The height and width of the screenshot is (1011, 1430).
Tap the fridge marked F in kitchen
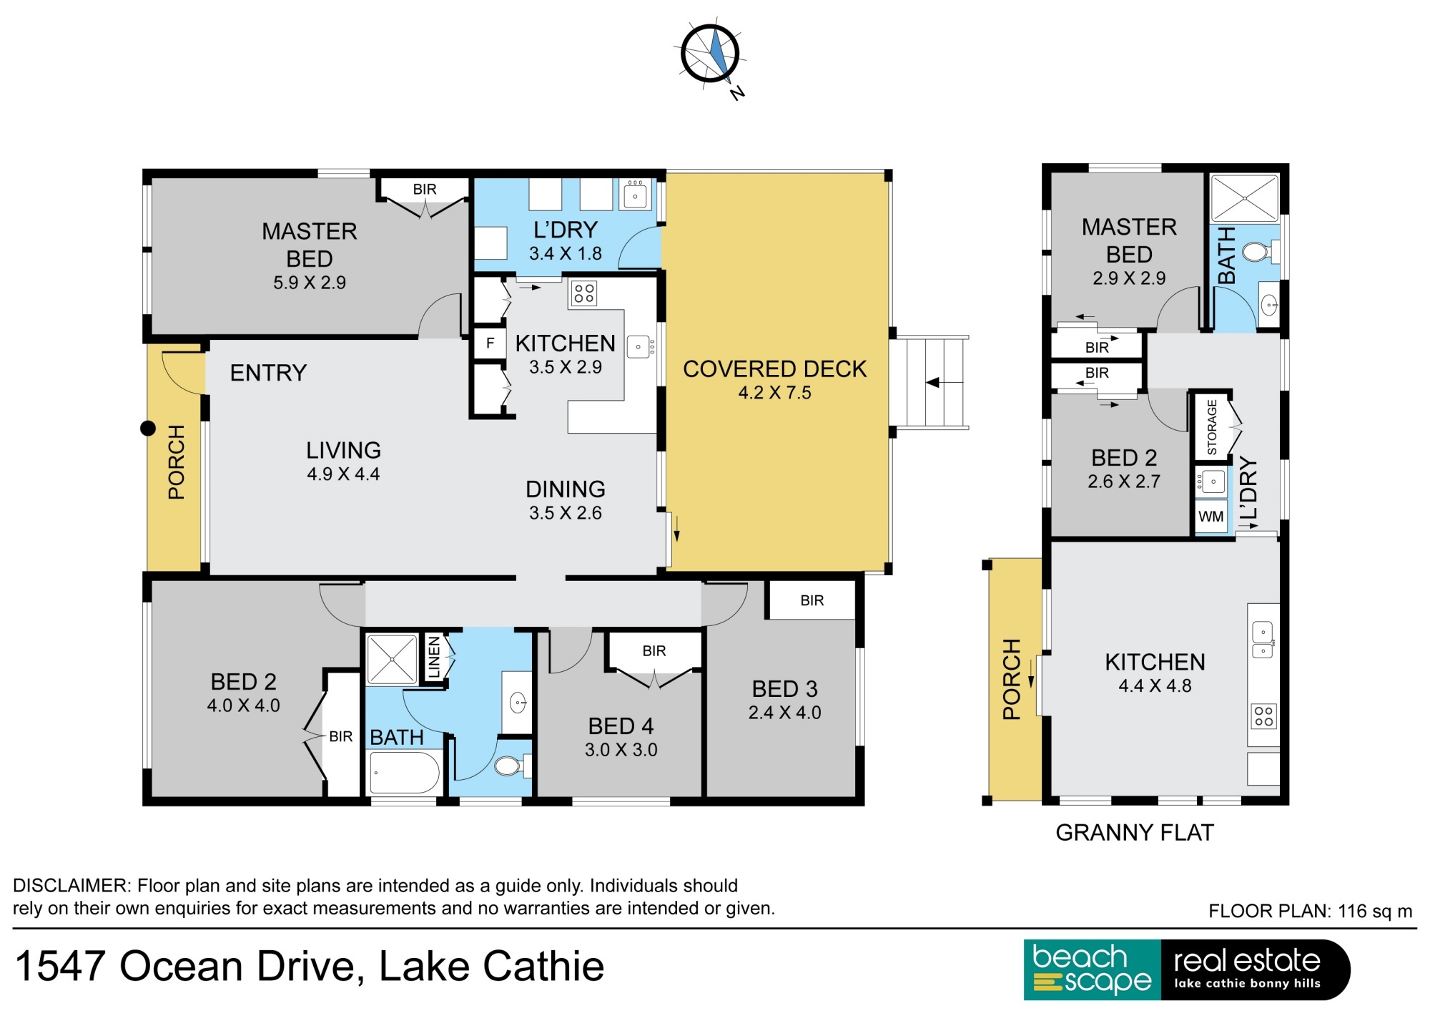(x=490, y=343)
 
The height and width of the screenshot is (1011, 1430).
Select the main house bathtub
(x=405, y=773)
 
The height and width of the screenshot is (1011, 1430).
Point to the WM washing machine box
(x=1210, y=517)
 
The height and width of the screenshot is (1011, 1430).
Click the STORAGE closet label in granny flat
(x=1212, y=427)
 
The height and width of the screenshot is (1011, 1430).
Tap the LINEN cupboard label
(x=434, y=657)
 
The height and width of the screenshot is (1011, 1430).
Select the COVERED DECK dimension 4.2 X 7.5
(x=774, y=392)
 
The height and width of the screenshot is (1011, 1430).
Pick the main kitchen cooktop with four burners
(x=583, y=293)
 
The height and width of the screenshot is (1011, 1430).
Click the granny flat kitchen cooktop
(x=1263, y=716)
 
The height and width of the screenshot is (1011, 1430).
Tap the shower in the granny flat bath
(x=1244, y=198)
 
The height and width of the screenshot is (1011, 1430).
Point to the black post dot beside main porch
(x=148, y=429)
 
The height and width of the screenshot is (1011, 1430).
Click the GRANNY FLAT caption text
(x=1135, y=832)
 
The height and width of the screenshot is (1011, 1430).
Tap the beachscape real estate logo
(x=1187, y=970)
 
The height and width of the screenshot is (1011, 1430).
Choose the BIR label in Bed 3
(x=812, y=600)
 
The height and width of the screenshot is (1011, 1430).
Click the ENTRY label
(x=268, y=373)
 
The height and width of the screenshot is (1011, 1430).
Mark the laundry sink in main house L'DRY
(x=635, y=195)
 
